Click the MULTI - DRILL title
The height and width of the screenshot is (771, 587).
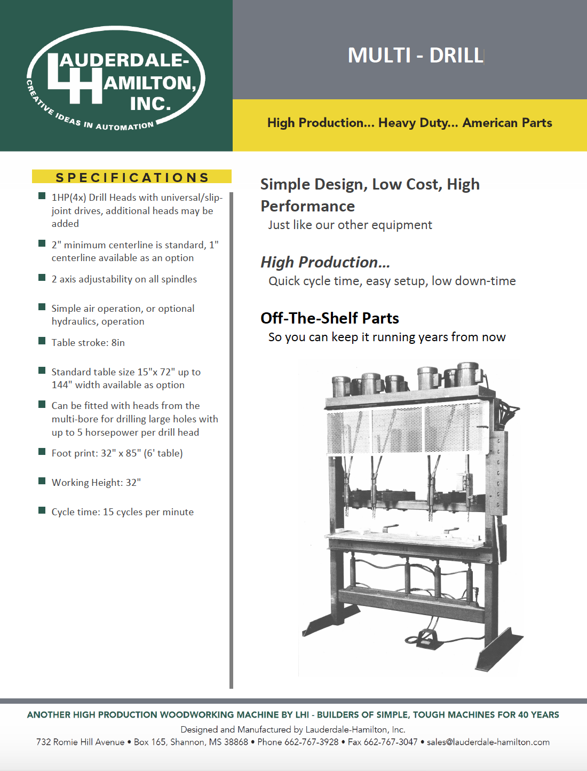tap(415, 56)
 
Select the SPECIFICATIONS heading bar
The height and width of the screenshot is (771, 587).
tap(132, 177)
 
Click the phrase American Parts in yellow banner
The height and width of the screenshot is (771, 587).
tap(507, 123)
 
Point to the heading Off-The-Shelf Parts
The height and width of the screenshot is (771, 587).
tap(330, 318)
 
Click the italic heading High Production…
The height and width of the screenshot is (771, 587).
tap(325, 262)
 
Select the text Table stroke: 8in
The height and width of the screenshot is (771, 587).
tap(88, 343)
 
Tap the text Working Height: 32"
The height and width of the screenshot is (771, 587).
tap(96, 483)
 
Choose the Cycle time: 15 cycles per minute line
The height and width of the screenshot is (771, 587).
tap(122, 512)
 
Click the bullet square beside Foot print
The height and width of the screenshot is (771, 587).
tap(42, 452)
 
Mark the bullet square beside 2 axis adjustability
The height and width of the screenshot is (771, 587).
tap(42, 278)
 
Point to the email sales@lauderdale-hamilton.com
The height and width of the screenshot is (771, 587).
tap(488, 742)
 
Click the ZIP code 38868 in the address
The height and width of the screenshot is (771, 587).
tap(236, 742)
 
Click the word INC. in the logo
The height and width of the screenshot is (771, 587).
tap(150, 104)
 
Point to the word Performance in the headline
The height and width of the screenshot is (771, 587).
tap(307, 206)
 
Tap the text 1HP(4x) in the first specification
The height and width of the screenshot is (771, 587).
tap(69, 198)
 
